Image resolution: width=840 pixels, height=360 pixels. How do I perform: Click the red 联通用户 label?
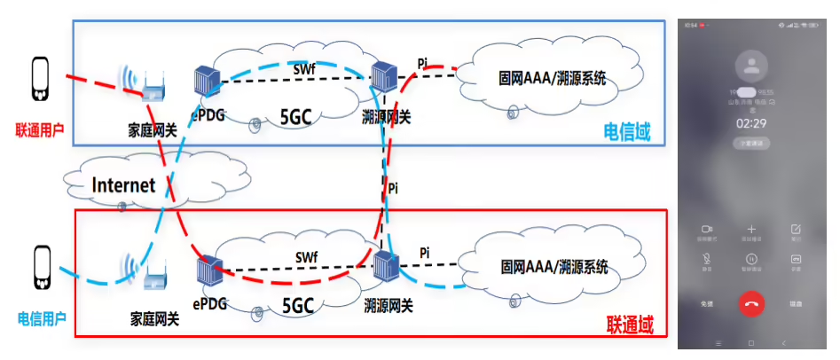point(40,129)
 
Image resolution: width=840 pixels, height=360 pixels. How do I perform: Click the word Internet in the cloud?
point(124,185)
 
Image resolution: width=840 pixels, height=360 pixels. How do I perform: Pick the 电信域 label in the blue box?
point(627,131)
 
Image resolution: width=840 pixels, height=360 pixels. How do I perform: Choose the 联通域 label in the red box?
point(630,325)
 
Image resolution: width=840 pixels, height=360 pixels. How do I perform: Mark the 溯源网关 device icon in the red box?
point(385,269)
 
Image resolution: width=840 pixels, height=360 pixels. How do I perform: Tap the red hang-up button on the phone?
point(751,302)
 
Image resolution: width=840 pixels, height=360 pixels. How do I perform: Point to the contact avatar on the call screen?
point(751,64)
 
